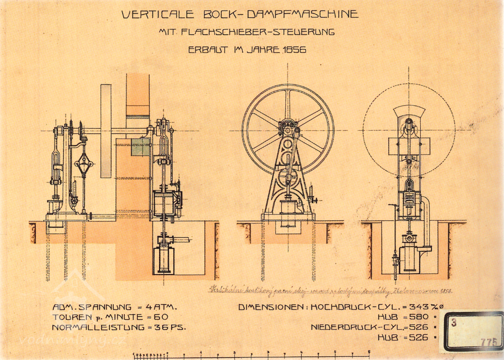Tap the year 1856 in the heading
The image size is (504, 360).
pos(294,50)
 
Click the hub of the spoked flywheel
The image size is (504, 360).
pos(288,128)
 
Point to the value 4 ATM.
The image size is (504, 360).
pos(161,307)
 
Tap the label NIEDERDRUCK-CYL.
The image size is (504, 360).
pos(357,327)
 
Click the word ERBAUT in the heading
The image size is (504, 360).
pos(206,50)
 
